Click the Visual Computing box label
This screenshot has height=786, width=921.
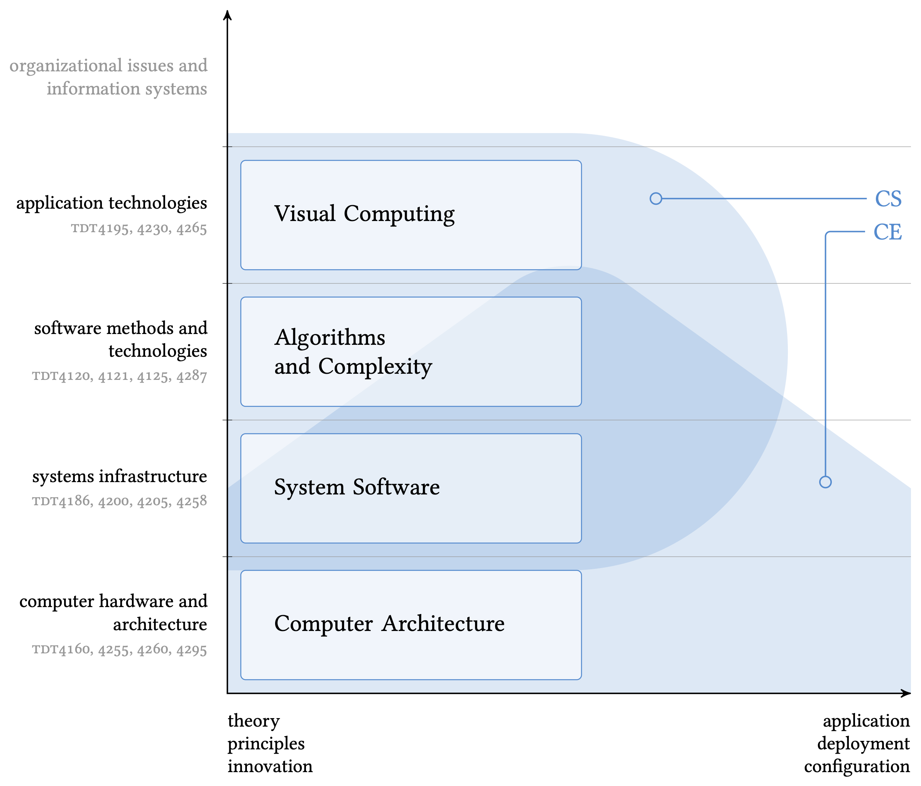tap(364, 214)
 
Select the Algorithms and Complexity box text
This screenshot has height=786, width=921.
tap(353, 351)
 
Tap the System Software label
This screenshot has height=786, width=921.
tap(357, 487)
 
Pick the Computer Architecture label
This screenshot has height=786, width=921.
tap(389, 623)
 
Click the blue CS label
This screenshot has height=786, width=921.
tap(888, 199)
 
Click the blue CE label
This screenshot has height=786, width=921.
tap(887, 232)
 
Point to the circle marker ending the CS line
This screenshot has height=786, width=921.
tap(656, 199)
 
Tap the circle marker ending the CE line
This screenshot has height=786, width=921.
tap(825, 482)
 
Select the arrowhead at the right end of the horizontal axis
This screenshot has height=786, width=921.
tap(906, 693)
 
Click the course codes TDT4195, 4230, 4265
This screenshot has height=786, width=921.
tap(139, 229)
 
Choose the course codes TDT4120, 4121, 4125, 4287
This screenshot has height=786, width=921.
tap(120, 376)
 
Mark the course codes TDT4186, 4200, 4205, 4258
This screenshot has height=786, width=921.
tap(120, 501)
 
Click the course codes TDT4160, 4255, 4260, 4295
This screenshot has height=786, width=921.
tap(120, 649)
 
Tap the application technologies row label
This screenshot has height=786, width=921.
tap(112, 203)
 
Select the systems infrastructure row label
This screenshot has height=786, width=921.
tap(120, 476)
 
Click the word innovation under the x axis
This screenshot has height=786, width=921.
tap(270, 766)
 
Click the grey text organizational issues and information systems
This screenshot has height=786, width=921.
tap(108, 77)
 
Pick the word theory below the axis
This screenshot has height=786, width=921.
tap(253, 721)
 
